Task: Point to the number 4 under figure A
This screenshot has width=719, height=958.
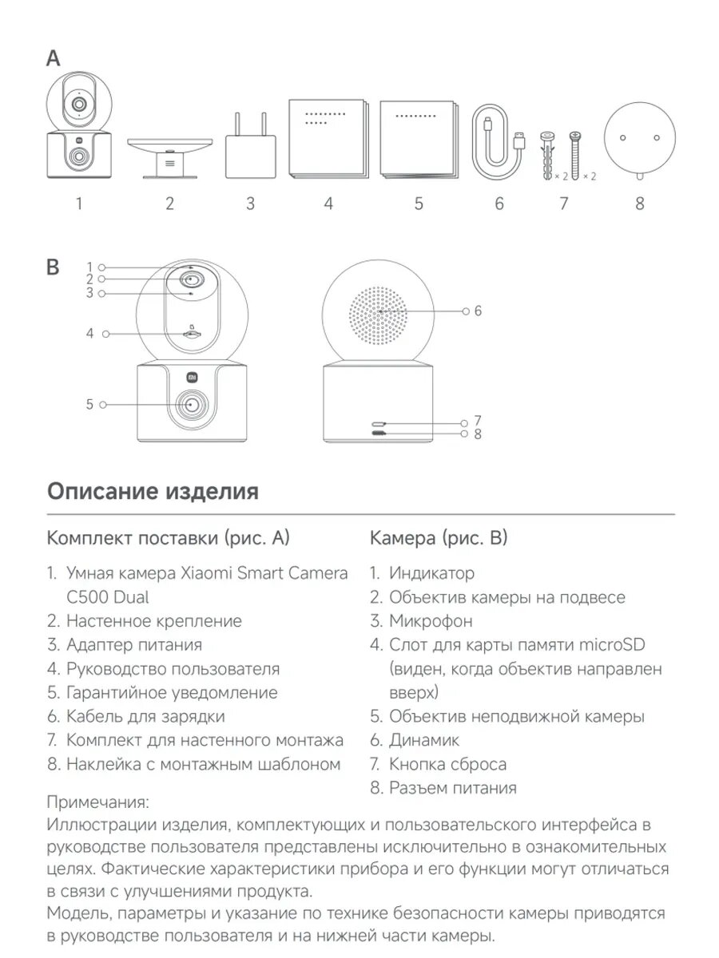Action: [328, 204]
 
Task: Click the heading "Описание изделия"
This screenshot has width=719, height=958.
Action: [153, 491]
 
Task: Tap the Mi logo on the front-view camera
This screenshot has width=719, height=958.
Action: [193, 378]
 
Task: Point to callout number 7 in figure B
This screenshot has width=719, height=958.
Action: [478, 421]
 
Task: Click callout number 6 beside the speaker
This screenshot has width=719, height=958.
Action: [478, 311]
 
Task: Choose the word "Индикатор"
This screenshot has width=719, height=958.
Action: [431, 573]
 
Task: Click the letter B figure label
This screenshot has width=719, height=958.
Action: [54, 267]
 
